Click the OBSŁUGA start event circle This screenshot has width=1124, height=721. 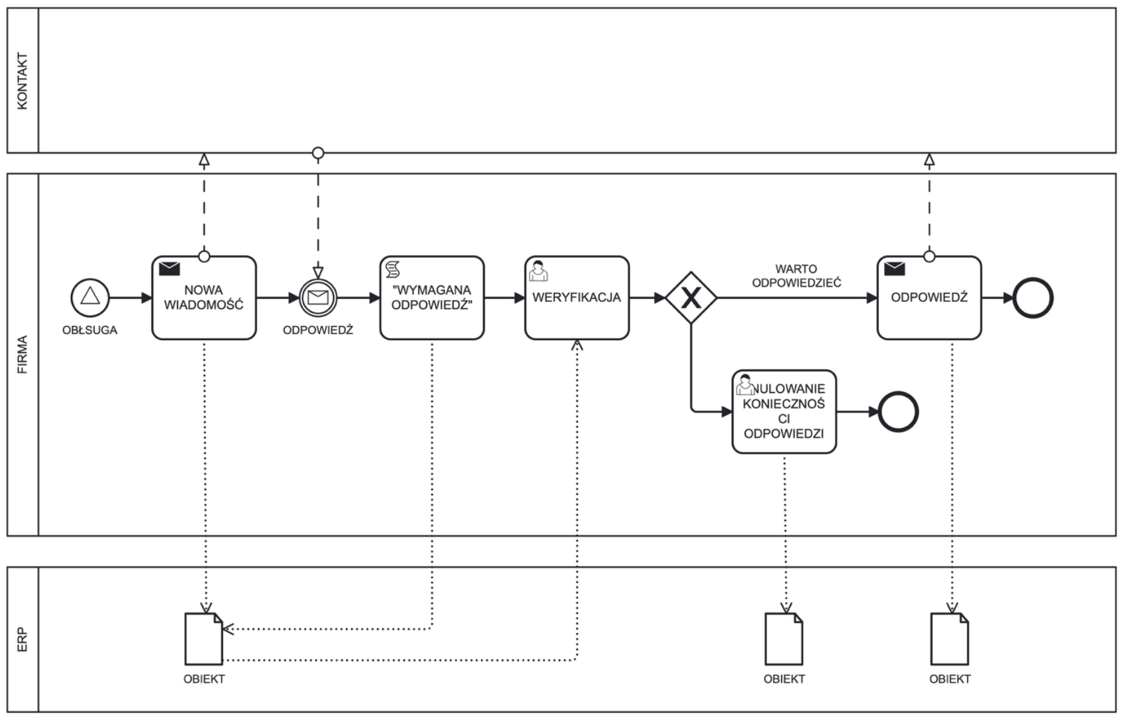90,298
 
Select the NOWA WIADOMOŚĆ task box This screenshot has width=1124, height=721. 204,298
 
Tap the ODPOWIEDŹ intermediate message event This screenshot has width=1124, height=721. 318,298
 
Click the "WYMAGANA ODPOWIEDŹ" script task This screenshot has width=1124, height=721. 431,298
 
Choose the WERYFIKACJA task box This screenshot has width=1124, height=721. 577,298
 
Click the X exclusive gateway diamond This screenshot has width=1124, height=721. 691,298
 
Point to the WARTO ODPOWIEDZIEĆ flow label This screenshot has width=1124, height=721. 796,276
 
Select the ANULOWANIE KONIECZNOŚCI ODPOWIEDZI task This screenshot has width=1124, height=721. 784,412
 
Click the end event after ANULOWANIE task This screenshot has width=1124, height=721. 898,412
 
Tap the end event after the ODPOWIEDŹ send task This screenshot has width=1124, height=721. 1033,298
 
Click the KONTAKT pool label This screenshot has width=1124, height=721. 23,81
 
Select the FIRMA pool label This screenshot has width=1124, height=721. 23,354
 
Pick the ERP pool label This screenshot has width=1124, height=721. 23,639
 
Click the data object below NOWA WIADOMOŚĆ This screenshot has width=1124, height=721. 203,639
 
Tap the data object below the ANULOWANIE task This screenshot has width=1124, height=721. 783,639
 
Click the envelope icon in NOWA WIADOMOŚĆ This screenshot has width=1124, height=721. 169,269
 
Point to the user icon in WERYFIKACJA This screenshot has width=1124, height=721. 538,271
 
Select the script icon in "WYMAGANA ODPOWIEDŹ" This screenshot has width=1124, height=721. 393,269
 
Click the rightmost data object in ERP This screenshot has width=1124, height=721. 949,639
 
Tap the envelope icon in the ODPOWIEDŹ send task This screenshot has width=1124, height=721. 894,269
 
